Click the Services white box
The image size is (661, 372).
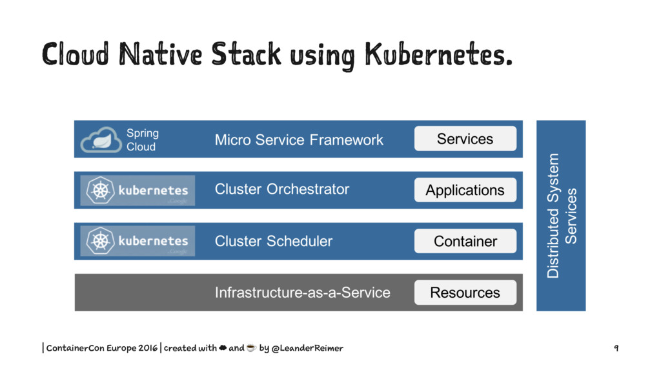click(x=465, y=138)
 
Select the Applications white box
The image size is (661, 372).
click(x=465, y=190)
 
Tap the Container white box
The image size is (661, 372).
click(x=465, y=241)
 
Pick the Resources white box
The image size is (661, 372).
click(x=465, y=293)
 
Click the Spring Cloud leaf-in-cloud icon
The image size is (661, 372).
click(x=101, y=139)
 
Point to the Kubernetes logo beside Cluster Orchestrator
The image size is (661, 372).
click(x=137, y=191)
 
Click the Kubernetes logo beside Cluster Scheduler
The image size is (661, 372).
click(x=137, y=241)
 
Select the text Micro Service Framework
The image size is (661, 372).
click(x=299, y=139)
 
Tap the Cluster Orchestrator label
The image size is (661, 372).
click(x=282, y=189)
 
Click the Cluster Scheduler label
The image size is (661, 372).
click(x=274, y=241)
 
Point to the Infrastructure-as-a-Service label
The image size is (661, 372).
click(x=302, y=293)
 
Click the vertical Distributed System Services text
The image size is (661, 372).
click(x=561, y=216)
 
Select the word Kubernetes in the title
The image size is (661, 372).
click(x=438, y=54)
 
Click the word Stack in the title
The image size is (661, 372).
click(x=246, y=54)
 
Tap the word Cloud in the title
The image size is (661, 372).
click(x=76, y=54)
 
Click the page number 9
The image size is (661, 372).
click(x=616, y=348)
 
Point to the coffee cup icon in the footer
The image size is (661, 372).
click(x=251, y=347)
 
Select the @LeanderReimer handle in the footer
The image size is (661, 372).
click(x=307, y=348)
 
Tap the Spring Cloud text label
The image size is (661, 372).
click(x=143, y=139)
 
